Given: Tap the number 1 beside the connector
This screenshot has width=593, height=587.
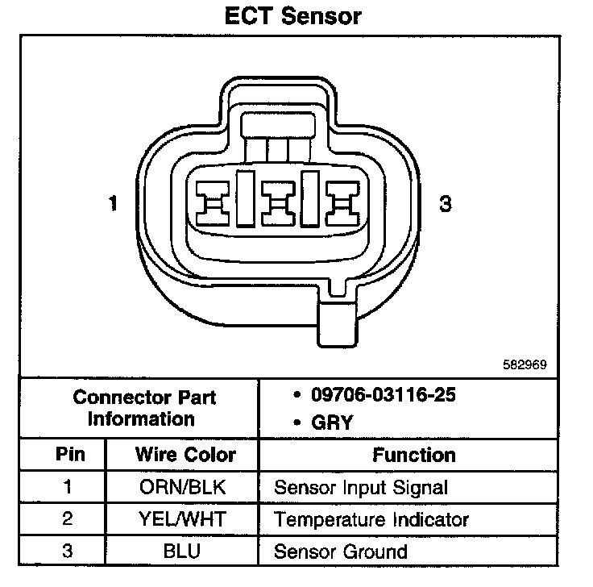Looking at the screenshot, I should pyautogui.click(x=113, y=205).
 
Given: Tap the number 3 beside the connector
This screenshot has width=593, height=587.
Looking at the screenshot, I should pyautogui.click(x=445, y=205).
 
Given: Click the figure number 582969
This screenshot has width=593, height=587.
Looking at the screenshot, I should pyautogui.click(x=525, y=364).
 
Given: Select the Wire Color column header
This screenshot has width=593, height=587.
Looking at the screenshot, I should pyautogui.click(x=185, y=455).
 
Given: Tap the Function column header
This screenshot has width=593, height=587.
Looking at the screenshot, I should pyautogui.click(x=414, y=455).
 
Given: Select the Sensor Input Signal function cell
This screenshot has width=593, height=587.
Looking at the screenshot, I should pyautogui.click(x=360, y=488).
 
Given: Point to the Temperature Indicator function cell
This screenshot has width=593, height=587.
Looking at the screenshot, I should pyautogui.click(x=371, y=520).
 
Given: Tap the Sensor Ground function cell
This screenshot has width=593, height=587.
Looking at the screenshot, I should pyautogui.click(x=340, y=552).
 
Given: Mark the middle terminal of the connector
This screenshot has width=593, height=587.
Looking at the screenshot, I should pyautogui.click(x=280, y=202).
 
